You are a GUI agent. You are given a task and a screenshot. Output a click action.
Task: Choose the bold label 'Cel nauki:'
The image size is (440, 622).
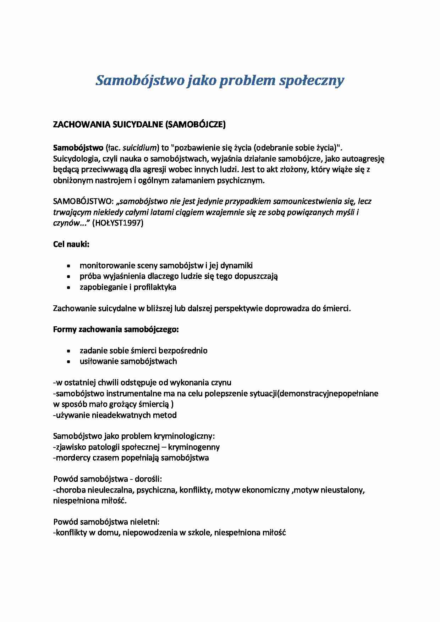71,244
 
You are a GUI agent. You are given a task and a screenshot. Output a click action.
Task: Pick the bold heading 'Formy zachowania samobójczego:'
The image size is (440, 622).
116,329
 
